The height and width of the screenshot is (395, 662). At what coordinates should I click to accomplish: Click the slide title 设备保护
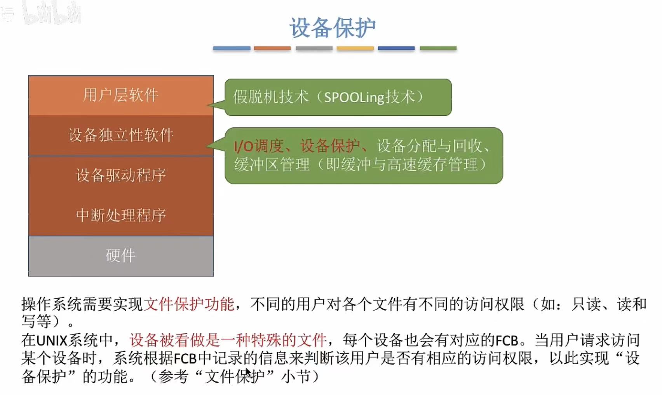(x=332, y=28)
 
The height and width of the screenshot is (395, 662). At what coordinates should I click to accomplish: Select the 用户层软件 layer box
(x=121, y=95)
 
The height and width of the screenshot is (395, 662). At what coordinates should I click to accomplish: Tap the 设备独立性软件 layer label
(x=121, y=135)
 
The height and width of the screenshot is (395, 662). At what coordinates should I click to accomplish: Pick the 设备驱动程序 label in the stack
(x=121, y=175)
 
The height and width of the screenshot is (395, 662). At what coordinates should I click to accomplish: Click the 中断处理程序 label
(x=121, y=215)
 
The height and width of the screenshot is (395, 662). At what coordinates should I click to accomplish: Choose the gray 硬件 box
(x=121, y=256)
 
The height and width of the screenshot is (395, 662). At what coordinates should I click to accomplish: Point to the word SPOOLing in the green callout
(x=354, y=97)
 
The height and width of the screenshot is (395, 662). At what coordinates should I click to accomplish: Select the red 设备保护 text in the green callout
(x=330, y=146)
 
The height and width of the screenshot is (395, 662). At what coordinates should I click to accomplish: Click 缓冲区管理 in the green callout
(x=272, y=164)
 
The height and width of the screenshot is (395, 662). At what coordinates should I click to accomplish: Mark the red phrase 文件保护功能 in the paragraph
(x=189, y=304)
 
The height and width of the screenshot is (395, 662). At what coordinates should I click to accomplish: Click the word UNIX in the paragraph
(x=52, y=341)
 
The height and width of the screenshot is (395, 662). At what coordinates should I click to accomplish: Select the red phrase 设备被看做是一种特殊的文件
(x=228, y=341)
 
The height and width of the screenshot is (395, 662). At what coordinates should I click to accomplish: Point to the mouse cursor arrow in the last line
(x=248, y=372)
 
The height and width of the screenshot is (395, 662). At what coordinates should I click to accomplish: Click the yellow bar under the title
(x=355, y=49)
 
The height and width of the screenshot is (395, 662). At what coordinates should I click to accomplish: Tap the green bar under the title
(x=438, y=49)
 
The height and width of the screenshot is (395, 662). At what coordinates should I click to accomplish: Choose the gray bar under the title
(x=314, y=49)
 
